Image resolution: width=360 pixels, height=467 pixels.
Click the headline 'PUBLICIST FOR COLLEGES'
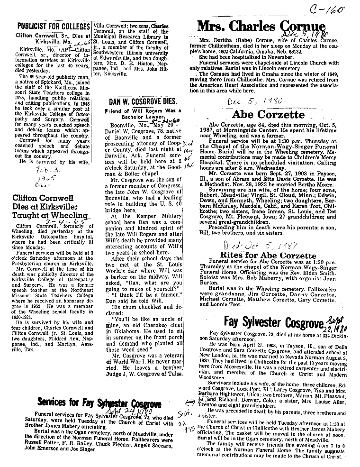point(53,27)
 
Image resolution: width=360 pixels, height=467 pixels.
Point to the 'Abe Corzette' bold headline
point(268,114)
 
